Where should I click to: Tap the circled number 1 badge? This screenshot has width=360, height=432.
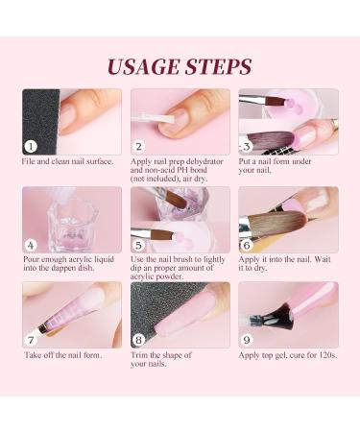31,147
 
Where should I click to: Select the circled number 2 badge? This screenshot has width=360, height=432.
138,147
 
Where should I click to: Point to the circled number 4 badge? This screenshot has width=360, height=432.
31,246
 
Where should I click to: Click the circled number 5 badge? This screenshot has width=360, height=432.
138,246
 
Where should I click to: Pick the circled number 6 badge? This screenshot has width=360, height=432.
247,246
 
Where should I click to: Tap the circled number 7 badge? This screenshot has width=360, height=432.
31,340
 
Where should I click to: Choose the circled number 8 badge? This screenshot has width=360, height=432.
138,340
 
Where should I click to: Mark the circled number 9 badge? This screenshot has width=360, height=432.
247,340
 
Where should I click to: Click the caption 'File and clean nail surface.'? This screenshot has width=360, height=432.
67,161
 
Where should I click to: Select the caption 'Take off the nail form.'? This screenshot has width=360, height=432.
63,355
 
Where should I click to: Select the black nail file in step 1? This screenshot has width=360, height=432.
40,122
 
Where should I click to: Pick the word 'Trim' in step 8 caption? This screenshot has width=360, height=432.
139,355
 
